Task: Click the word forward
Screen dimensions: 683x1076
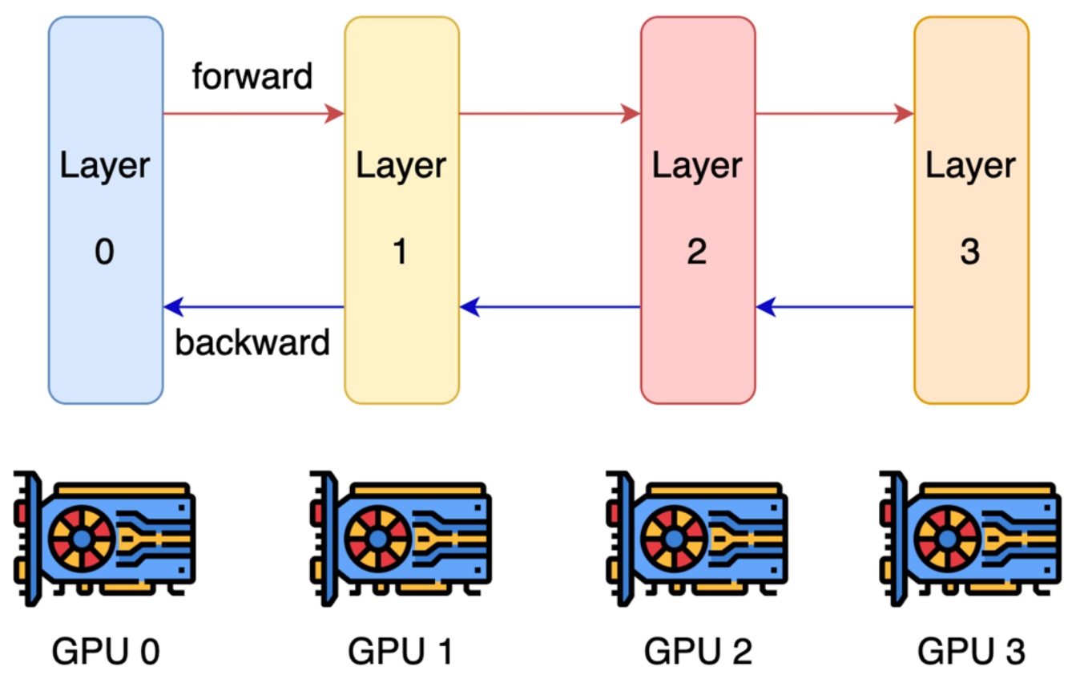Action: click(x=252, y=77)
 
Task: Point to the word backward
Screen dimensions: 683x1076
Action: click(x=252, y=342)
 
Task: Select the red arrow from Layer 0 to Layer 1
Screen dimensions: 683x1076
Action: click(x=253, y=114)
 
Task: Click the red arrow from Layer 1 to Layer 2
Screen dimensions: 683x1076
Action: click(x=550, y=114)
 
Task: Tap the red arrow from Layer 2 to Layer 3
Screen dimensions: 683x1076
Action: click(x=834, y=114)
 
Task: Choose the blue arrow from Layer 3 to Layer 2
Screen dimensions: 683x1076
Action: click(x=834, y=306)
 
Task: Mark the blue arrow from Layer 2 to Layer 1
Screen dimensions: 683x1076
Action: click(x=550, y=306)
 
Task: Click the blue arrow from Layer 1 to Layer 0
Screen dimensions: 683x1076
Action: click(x=253, y=306)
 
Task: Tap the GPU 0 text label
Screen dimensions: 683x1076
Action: click(x=106, y=652)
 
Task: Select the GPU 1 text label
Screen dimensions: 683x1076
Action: click(x=401, y=652)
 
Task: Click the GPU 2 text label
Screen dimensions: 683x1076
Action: click(x=697, y=652)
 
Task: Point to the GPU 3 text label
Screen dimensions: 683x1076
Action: click(x=970, y=652)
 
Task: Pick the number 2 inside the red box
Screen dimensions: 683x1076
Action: click(x=697, y=253)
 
